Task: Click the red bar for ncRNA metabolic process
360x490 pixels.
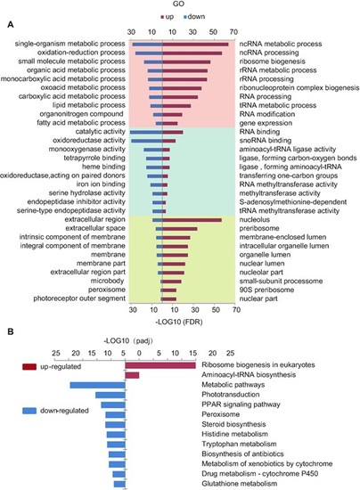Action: point(195,45)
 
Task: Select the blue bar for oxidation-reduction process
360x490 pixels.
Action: point(149,53)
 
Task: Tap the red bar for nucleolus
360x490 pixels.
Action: point(192,220)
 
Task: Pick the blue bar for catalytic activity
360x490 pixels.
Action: point(146,132)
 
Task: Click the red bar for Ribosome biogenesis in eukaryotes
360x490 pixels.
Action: point(160,365)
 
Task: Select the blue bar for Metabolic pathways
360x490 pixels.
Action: point(97,385)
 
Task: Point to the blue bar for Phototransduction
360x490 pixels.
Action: point(110,395)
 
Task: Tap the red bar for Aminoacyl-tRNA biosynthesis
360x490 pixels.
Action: point(132,375)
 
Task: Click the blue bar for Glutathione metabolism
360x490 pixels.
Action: point(119,484)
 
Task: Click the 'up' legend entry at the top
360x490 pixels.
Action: point(168,17)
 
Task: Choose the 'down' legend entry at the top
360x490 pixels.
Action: point(194,17)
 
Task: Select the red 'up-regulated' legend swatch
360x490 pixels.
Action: point(29,366)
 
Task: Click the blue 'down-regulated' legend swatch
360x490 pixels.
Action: point(29,411)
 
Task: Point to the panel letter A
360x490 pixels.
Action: point(11,25)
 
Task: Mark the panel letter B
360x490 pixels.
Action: point(11,331)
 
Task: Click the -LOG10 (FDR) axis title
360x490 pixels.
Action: point(179,322)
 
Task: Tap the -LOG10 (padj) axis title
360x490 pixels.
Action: point(128,341)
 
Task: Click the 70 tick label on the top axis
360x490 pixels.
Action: point(233,32)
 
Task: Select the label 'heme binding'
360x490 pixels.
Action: point(103,167)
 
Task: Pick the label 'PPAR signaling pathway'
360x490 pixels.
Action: point(241,404)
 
